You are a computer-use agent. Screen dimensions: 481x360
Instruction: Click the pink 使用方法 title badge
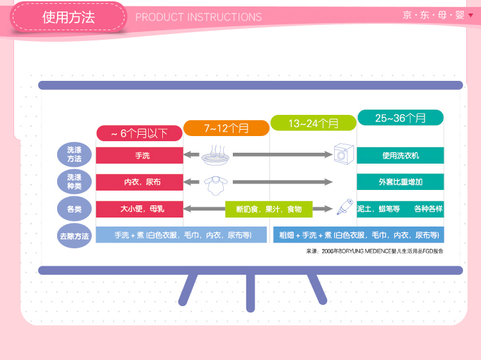[69, 17]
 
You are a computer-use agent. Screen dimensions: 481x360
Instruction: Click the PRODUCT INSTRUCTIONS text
[198, 17]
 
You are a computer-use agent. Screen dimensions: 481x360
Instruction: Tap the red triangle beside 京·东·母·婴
[471, 15]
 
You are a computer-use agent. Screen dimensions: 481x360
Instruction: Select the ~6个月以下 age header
[139, 133]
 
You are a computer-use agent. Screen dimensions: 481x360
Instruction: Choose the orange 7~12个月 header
[226, 128]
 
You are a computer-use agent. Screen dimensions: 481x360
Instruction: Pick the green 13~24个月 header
[313, 123]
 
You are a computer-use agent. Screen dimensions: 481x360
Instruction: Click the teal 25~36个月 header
[400, 118]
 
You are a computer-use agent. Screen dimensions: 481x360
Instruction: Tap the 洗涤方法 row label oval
[74, 155]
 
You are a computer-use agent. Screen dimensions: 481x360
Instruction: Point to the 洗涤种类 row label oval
[74, 182]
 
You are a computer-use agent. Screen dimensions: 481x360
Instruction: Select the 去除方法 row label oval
[74, 236]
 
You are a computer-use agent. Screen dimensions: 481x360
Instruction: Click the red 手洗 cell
[140, 155]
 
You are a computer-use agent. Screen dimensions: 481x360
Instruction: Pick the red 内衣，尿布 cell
[140, 182]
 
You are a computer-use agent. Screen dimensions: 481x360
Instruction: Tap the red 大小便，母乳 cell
[140, 209]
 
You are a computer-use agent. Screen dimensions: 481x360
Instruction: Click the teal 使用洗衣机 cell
[400, 155]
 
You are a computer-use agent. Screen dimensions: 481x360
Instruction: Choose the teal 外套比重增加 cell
[400, 182]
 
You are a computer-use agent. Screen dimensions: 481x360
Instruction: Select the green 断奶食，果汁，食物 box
[269, 209]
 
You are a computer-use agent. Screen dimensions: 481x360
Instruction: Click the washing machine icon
[344, 154]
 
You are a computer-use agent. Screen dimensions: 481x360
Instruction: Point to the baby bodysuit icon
[216, 185]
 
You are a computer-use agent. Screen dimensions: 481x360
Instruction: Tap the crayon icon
[345, 207]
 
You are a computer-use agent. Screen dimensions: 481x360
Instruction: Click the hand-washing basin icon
[215, 155]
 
